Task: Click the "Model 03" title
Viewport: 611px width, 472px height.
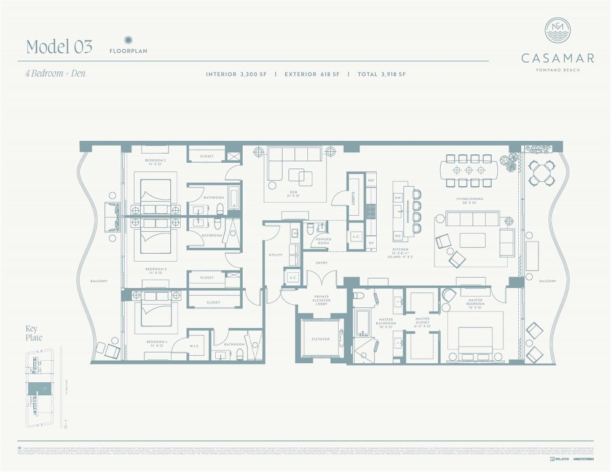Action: click(59, 46)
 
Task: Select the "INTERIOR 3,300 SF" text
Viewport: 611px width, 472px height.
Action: click(237, 74)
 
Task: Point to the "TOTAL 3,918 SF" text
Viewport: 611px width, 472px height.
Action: click(381, 74)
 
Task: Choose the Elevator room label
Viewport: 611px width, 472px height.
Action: click(320, 339)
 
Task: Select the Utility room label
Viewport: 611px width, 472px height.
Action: click(275, 254)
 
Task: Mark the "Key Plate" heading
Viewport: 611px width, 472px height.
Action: click(33, 333)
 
